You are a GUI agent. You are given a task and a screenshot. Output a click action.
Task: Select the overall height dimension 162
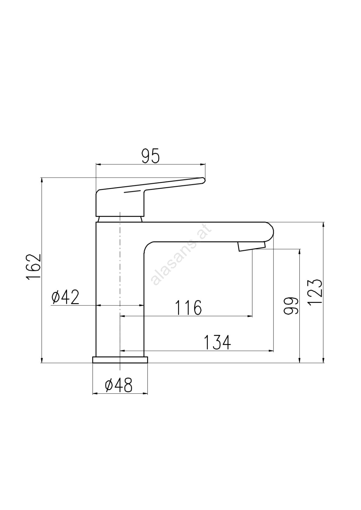(34, 267)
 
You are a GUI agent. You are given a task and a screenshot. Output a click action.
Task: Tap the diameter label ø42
(65, 297)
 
